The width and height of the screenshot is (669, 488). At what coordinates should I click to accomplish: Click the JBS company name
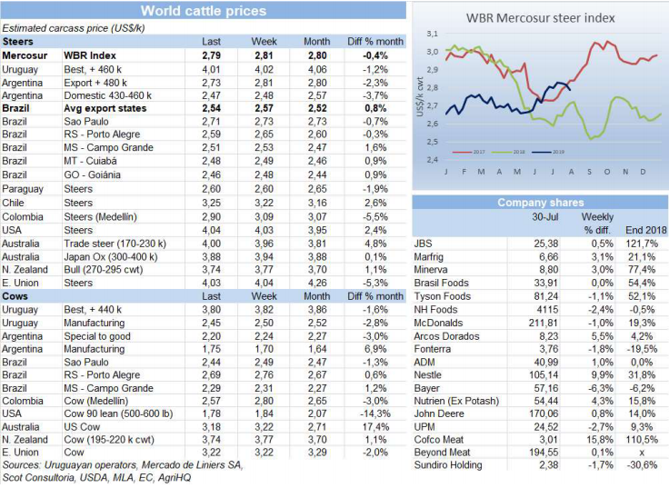coord(423,244)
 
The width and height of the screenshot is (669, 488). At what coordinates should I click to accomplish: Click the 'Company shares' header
coord(540,203)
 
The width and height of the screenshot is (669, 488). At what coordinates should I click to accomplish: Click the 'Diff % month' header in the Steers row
coord(374,42)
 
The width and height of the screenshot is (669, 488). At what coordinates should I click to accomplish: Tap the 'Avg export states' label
coord(105,107)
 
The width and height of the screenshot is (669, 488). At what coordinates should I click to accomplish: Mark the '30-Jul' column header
coord(544,217)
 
